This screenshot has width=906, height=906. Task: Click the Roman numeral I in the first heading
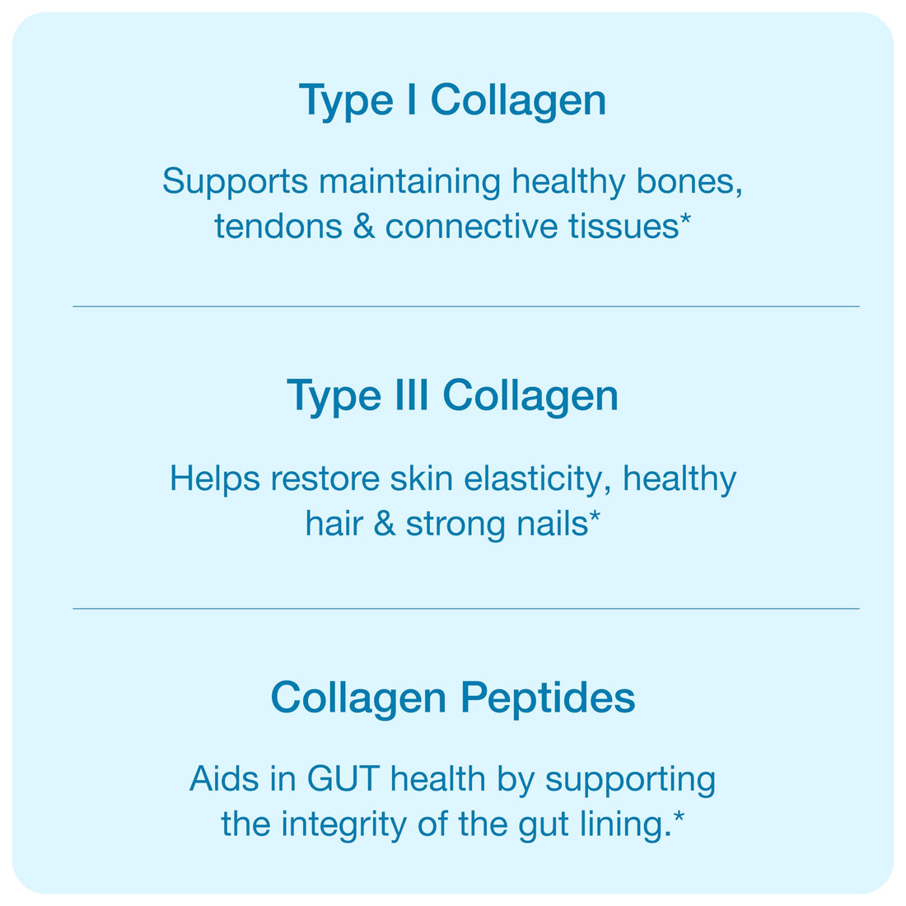[411, 100]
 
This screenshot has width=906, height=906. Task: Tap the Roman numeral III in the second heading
[412, 395]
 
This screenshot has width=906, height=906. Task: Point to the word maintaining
[409, 183]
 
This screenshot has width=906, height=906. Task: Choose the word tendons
[278, 226]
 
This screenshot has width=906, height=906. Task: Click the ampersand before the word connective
[364, 226]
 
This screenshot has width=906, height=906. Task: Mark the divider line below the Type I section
[465, 306]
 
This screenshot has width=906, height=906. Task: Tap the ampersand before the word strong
[385, 525]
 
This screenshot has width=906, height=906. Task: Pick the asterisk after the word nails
[595, 516]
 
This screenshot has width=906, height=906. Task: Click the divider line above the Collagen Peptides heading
[465, 609]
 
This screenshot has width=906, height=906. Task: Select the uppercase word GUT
[343, 779]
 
